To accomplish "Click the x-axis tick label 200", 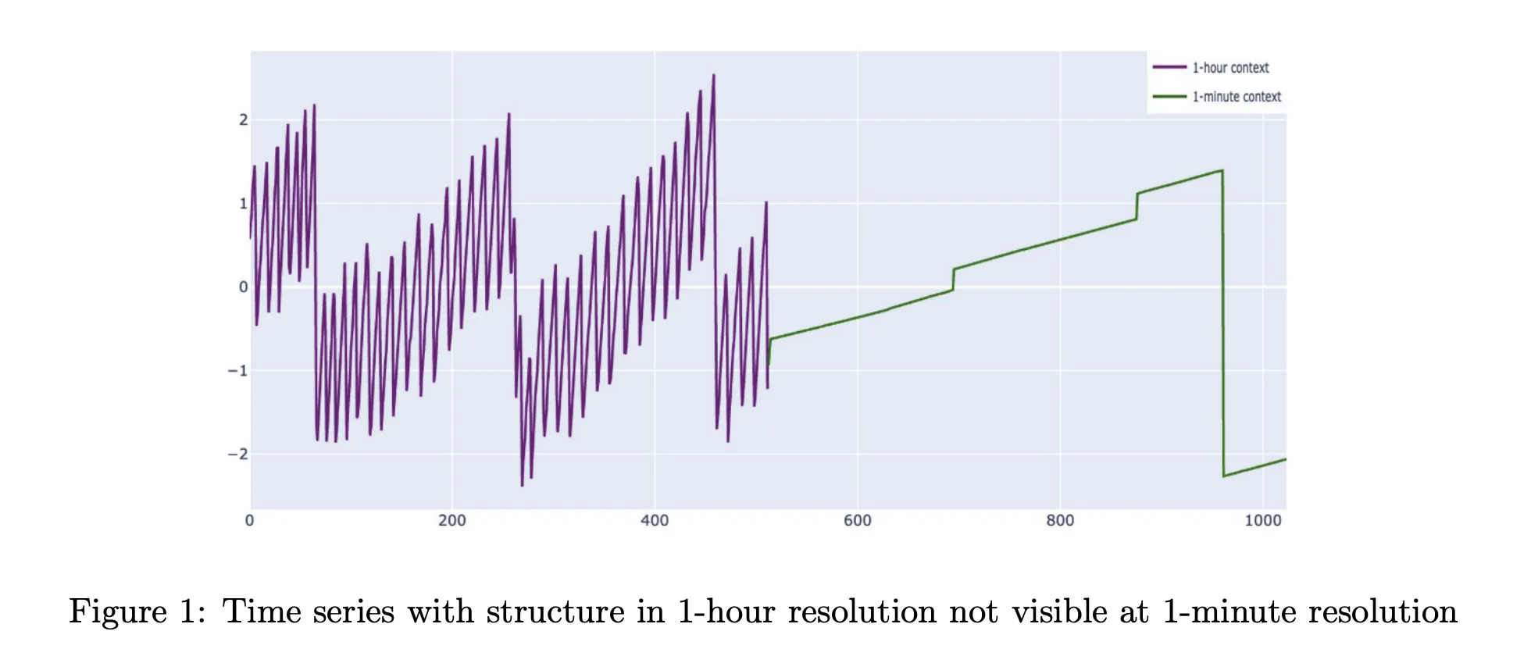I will pyautogui.click(x=451, y=521).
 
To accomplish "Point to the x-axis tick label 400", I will pyautogui.click(x=655, y=521).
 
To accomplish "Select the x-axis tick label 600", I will pyautogui.click(x=857, y=521).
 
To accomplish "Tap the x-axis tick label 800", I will pyautogui.click(x=1060, y=521).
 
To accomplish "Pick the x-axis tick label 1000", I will pyautogui.click(x=1262, y=521).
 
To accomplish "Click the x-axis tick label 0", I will pyautogui.click(x=250, y=521).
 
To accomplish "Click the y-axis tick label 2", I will pyautogui.click(x=243, y=120).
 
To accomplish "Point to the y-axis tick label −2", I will pyautogui.click(x=237, y=455).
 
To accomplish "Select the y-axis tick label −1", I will pyautogui.click(x=237, y=371).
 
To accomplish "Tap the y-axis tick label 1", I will pyautogui.click(x=243, y=204).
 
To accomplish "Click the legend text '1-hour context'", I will pyautogui.click(x=1230, y=68).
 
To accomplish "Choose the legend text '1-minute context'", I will pyautogui.click(x=1237, y=97).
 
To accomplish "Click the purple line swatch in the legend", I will pyautogui.click(x=1169, y=68).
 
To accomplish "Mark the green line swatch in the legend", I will pyautogui.click(x=1169, y=97).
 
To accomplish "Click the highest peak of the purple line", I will pyautogui.click(x=713, y=76).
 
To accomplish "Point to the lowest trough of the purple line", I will pyautogui.click(x=523, y=485).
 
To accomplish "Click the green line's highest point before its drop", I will pyautogui.click(x=1221, y=170).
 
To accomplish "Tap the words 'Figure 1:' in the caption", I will pyautogui.click(x=137, y=611).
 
